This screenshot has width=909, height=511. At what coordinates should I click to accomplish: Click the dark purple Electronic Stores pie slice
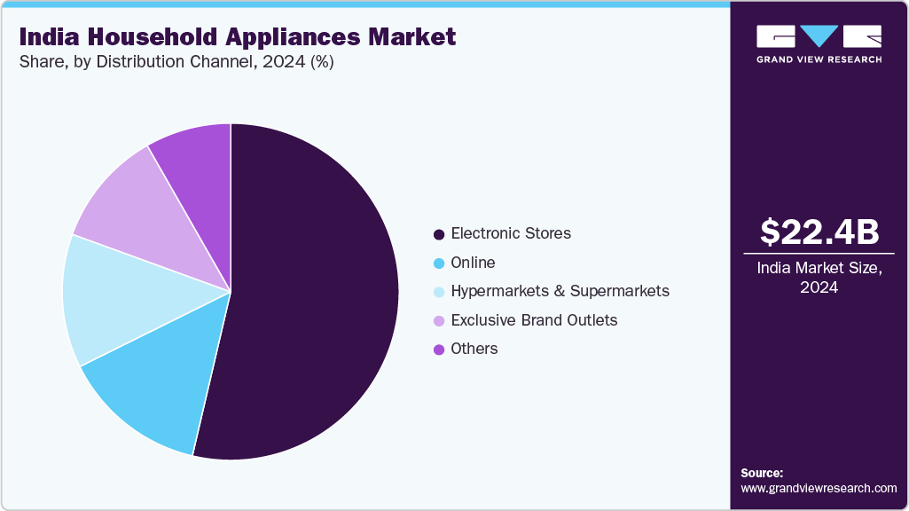click(x=310, y=284)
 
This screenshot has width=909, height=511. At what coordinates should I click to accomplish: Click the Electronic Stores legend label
click(x=511, y=233)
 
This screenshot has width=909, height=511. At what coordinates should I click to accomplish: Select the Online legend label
click(x=473, y=263)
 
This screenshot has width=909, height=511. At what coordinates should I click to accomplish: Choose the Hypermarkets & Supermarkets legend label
click(x=560, y=291)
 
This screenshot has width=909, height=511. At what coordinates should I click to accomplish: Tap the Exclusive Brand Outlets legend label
click(x=534, y=319)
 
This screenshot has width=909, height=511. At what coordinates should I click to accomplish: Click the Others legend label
click(x=474, y=349)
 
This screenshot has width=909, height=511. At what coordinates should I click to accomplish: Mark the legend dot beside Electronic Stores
click(x=438, y=234)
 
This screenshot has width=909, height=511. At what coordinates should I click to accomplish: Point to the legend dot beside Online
click(x=438, y=263)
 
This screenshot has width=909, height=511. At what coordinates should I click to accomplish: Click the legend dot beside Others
click(x=438, y=350)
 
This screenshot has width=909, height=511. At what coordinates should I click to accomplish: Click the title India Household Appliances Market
click(x=238, y=36)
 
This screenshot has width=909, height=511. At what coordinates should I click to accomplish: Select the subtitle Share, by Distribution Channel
click(x=176, y=63)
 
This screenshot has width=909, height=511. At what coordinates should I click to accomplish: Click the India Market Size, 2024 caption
click(x=819, y=278)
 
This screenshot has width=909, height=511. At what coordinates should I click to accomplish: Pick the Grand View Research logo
click(x=819, y=43)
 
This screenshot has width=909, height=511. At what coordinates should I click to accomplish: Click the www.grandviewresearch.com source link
click(x=819, y=488)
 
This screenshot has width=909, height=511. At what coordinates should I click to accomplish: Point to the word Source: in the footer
click(x=762, y=473)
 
